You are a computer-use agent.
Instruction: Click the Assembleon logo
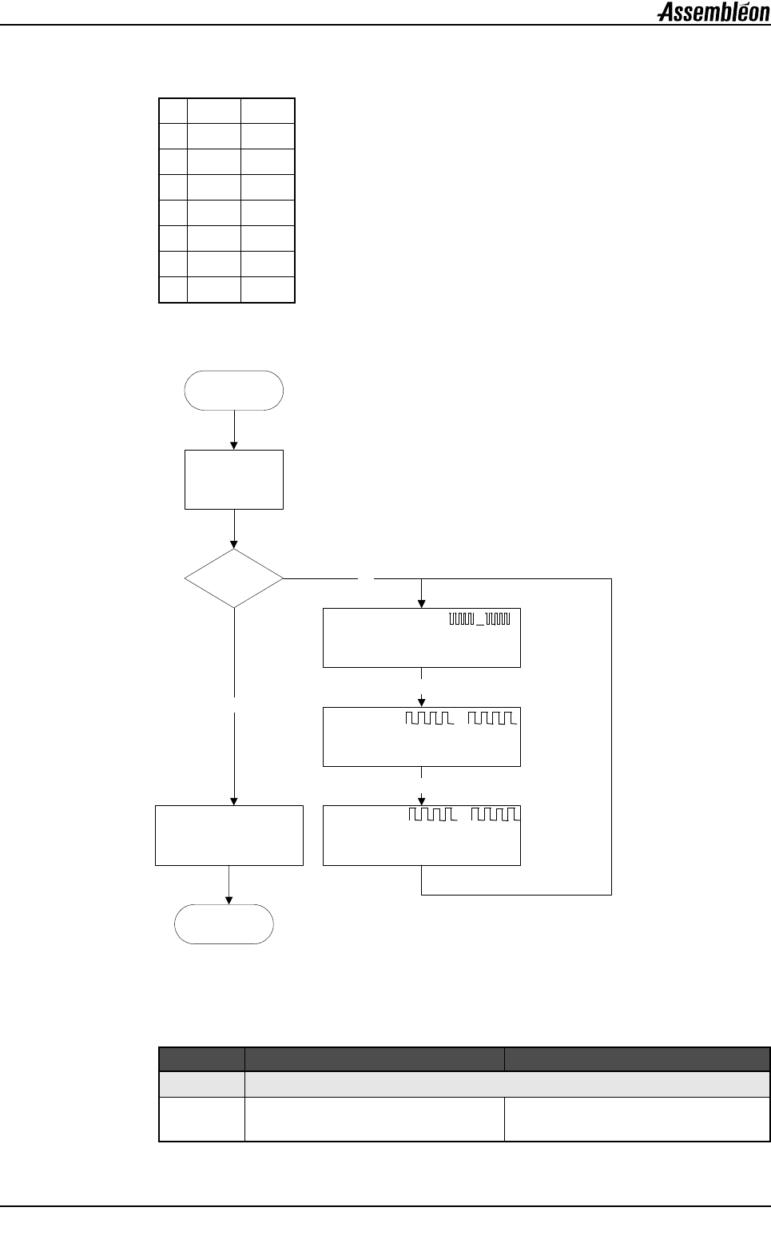click(x=713, y=12)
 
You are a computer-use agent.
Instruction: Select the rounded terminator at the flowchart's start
click(x=233, y=391)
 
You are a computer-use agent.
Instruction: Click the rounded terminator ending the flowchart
click(x=225, y=924)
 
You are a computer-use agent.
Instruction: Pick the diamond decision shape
click(x=234, y=578)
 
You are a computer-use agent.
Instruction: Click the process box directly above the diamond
click(x=234, y=479)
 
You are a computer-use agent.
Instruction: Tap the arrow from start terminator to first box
click(x=234, y=430)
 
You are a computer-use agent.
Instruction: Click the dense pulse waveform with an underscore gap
click(x=479, y=618)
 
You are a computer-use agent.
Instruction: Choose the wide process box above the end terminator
click(x=229, y=835)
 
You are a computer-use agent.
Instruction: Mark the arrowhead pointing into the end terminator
click(x=229, y=900)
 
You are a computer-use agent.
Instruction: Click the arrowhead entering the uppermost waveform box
click(x=421, y=604)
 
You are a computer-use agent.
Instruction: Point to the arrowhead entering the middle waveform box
click(x=421, y=702)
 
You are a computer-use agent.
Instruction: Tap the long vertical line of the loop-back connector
click(x=611, y=735)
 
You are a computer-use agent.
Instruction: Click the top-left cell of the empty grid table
click(x=173, y=110)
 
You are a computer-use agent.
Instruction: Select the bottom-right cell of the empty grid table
click(x=268, y=290)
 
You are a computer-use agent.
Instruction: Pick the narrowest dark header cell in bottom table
click(x=202, y=1058)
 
